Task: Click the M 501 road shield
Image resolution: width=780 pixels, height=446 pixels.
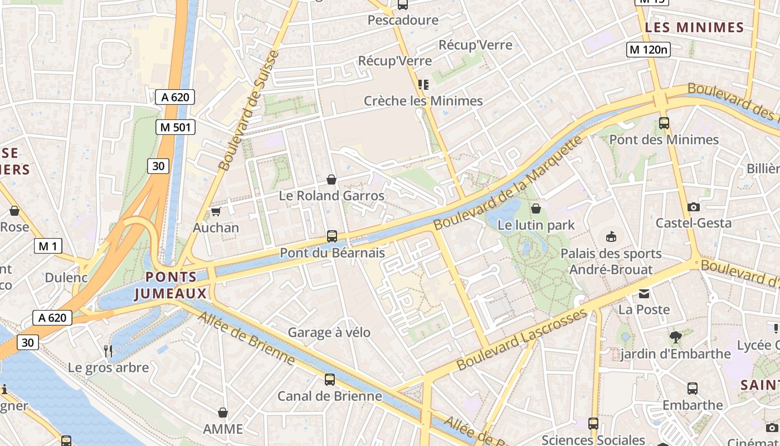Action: click(175, 127)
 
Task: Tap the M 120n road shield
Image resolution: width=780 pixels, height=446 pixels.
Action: click(648, 50)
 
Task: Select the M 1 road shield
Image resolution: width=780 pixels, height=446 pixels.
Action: click(48, 245)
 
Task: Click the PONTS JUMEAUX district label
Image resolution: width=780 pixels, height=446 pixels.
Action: click(170, 285)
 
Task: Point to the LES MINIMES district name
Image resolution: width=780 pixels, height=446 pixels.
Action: click(694, 27)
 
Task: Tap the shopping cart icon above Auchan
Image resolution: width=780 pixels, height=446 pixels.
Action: click(216, 212)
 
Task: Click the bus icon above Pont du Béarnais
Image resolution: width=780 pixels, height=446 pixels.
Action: click(332, 236)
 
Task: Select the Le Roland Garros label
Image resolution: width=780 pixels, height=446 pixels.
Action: click(331, 196)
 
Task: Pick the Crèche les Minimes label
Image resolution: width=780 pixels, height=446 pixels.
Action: click(423, 101)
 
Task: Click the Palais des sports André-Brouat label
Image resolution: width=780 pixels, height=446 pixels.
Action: click(611, 261)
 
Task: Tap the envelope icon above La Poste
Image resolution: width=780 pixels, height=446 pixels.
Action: click(644, 293)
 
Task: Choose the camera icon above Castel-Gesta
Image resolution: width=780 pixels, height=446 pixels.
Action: click(694, 207)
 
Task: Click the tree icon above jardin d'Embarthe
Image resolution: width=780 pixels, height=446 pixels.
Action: click(676, 337)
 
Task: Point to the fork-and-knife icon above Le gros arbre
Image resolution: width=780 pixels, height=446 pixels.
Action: click(109, 351)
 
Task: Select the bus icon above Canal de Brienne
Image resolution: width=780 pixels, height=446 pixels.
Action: click(330, 380)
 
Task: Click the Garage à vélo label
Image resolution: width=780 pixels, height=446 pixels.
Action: click(329, 333)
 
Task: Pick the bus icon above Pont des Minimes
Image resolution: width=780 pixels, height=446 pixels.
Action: click(664, 123)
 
